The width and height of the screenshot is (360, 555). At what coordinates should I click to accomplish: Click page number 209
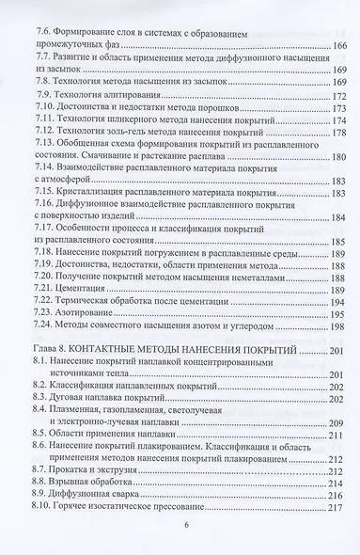(x=337, y=417)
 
